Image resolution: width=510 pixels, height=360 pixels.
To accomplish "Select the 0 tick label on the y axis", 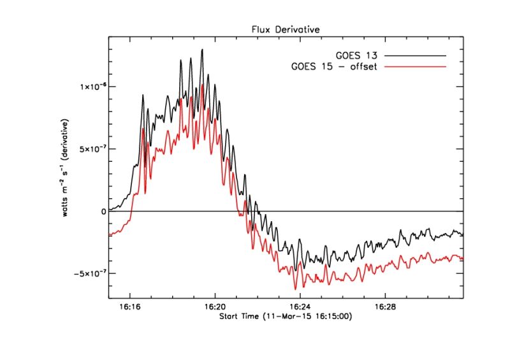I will (x=103, y=211).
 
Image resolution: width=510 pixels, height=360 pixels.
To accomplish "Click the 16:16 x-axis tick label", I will (x=130, y=306).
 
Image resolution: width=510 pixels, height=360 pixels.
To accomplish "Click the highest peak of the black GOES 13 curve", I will (x=202, y=50).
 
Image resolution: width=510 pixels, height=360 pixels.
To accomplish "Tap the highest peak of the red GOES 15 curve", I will (x=202, y=85).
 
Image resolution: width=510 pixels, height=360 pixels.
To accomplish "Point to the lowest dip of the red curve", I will (x=295, y=289).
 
